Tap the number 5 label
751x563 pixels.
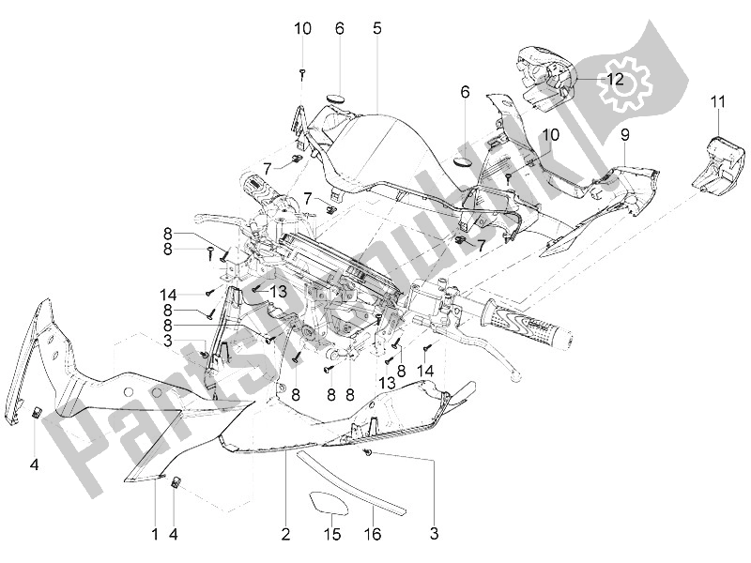[x=376, y=29]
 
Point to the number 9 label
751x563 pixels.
[x=624, y=134]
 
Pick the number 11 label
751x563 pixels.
[x=718, y=101]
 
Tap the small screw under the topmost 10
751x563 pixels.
[x=301, y=71]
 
